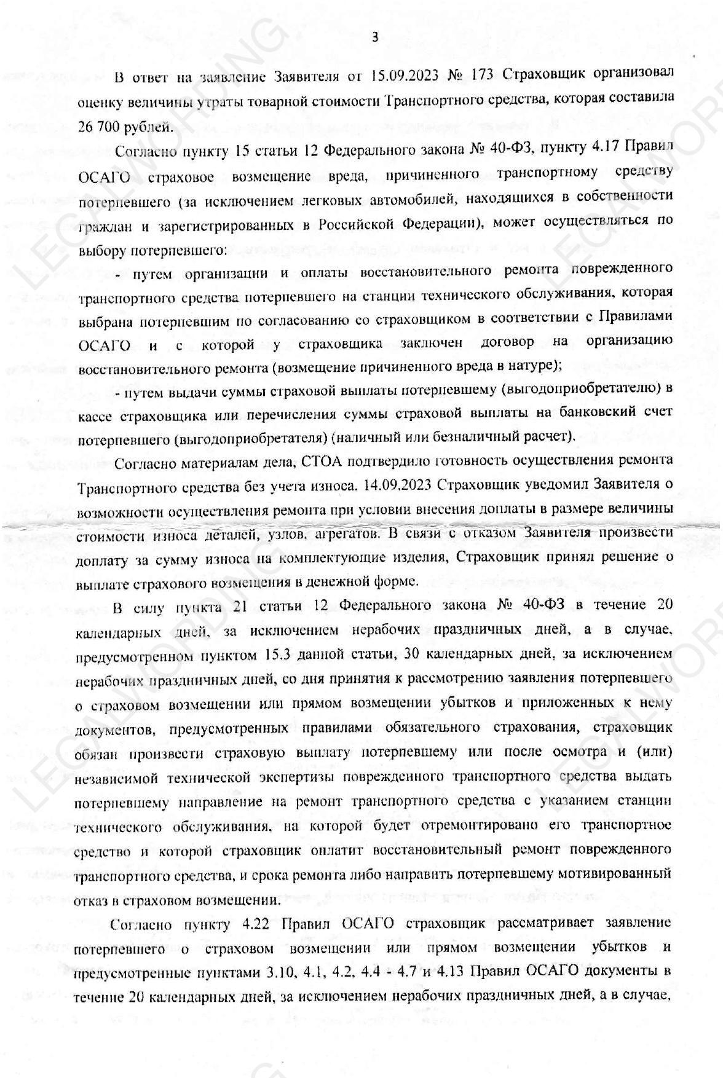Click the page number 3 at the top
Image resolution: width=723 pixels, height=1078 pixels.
(375, 37)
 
